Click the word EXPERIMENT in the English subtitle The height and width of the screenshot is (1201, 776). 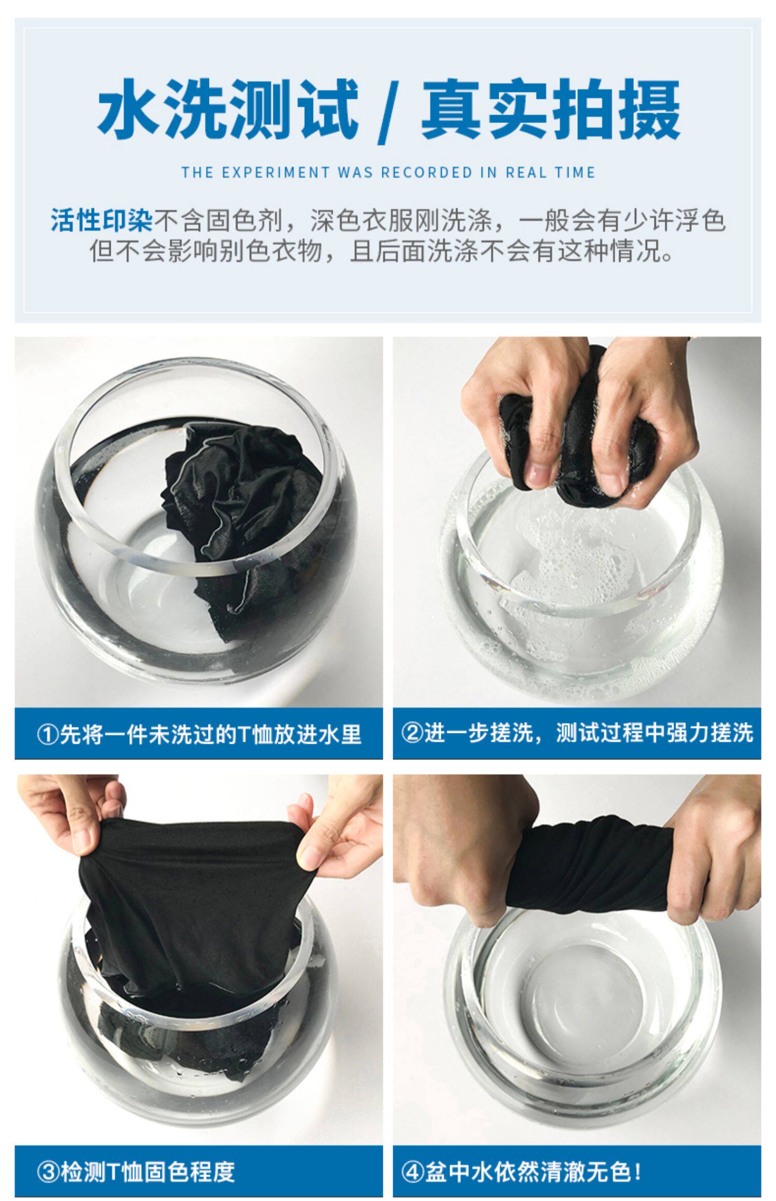coord(276,173)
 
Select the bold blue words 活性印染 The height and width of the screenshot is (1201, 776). coord(102,220)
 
